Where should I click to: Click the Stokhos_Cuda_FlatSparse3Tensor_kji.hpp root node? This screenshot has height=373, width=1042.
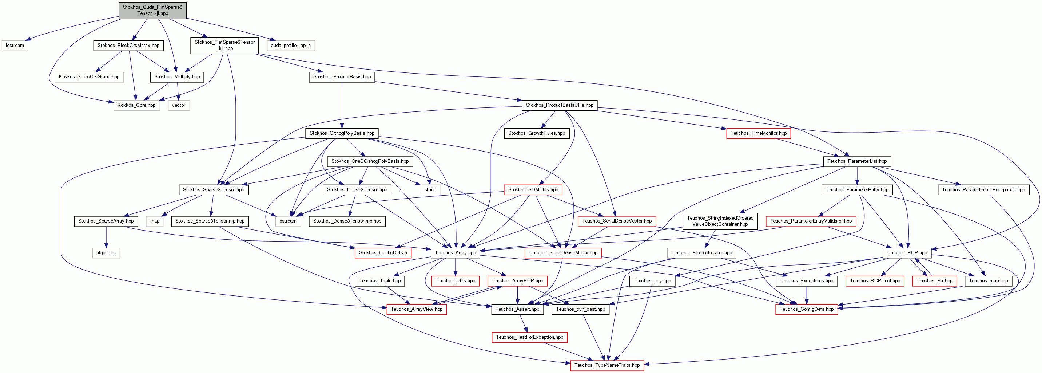(152, 10)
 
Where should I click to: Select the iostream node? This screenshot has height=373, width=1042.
(15, 46)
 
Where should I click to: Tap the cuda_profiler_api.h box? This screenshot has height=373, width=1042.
(290, 46)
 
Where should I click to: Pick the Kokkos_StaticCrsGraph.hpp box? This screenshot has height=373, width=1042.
(89, 76)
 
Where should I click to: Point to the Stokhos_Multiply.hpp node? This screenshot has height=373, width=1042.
(177, 76)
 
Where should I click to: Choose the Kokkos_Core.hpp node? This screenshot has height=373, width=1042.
(136, 105)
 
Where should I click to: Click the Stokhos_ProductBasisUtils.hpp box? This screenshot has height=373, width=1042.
(560, 105)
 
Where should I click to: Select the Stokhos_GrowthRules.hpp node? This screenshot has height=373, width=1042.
(536, 133)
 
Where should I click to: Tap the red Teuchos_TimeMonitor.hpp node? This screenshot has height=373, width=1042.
(759, 133)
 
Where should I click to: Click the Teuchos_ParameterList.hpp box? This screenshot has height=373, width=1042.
(857, 161)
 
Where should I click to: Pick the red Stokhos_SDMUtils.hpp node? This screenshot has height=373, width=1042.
(533, 189)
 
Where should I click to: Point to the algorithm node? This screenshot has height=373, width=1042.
(106, 253)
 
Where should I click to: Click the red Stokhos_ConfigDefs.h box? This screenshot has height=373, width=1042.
(383, 253)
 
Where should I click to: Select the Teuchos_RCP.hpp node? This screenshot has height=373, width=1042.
(907, 253)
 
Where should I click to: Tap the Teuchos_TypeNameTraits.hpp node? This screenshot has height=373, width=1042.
(607, 365)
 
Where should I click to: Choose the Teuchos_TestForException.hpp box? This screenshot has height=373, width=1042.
(529, 337)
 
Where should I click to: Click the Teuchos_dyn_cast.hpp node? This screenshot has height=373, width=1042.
(580, 309)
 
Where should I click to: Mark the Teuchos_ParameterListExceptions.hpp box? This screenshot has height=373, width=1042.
(983, 189)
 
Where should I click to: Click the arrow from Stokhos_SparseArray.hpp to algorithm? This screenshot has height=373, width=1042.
(106, 237)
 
